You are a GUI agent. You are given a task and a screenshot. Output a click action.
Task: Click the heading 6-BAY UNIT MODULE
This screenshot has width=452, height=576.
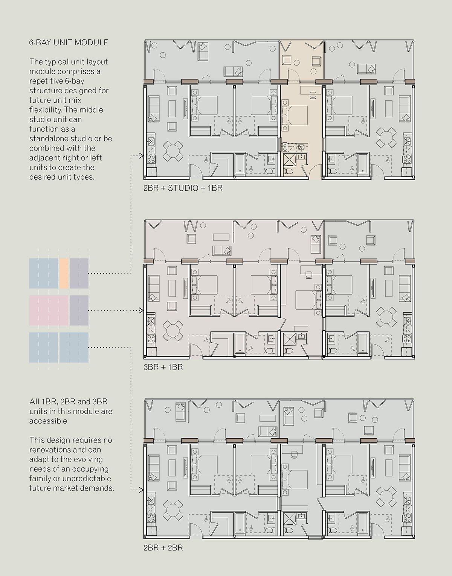tap(69, 43)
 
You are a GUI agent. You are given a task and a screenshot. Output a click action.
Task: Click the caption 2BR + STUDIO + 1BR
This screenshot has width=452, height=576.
tap(183, 188)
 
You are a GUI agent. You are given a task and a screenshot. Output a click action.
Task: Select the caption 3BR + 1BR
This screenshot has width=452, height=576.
tap(163, 368)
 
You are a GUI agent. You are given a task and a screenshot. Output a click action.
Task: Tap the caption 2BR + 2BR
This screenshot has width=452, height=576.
tap(163, 548)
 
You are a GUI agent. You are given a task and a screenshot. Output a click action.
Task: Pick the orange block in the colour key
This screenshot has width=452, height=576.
tap(64, 273)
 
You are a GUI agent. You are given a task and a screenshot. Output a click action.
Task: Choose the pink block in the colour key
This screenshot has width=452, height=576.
tap(49, 310)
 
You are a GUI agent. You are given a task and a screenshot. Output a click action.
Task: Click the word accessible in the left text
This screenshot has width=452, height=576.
tap(49, 421)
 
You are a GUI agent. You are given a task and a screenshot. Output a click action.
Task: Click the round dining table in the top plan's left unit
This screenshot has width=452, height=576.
tap(173, 151)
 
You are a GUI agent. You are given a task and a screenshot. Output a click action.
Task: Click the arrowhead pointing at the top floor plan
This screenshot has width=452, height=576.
tap(141, 156)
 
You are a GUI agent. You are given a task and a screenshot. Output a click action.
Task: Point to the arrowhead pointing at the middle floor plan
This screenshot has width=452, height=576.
tap(141, 310)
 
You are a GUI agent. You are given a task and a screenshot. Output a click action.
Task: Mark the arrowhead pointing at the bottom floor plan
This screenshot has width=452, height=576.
tap(141, 490)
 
